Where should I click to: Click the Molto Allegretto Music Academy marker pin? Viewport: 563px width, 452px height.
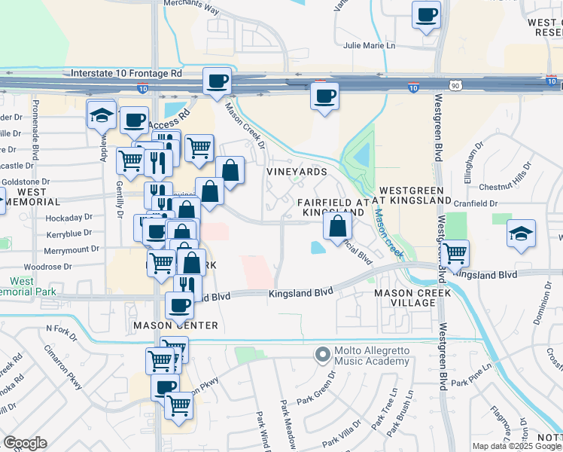pos(323,353)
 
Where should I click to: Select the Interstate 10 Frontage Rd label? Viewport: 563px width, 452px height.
pos(126,74)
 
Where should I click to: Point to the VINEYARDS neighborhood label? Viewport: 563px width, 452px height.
pos(297,172)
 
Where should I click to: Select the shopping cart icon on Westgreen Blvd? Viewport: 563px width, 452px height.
pos(455,254)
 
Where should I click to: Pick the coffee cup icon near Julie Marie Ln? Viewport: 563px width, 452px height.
pos(427,14)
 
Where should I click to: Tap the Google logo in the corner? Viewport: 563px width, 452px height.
pos(25,443)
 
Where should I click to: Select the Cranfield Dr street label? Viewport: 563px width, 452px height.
pos(476,203)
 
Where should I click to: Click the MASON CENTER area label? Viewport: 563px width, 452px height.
pos(175,325)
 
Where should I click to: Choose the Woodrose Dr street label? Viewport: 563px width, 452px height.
pos(47,267)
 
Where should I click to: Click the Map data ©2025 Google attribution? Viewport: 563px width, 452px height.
pos(516,446)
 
